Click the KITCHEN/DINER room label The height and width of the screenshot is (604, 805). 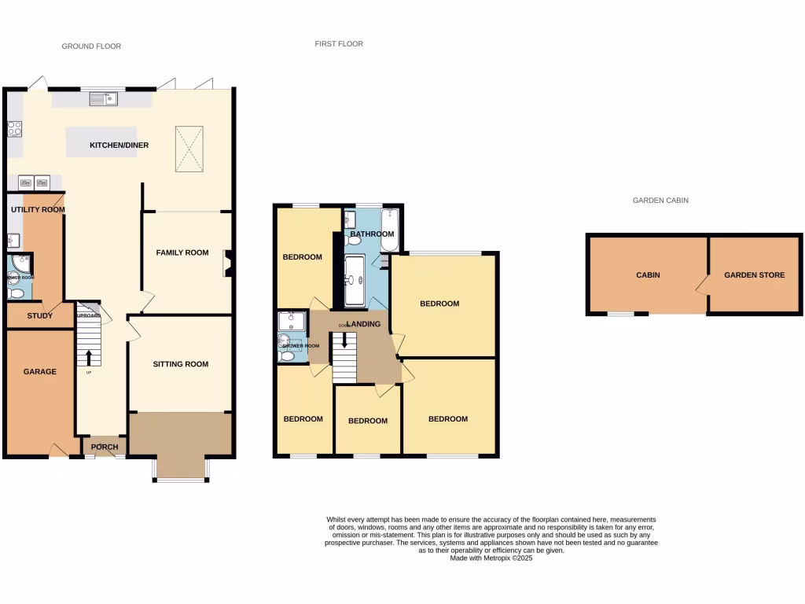coord(119,145)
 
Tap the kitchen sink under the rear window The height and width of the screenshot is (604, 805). coord(103,98)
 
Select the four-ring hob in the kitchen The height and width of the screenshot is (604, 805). coord(14,128)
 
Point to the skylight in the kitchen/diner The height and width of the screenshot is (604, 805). coord(188,147)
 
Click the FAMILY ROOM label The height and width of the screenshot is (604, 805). coord(182,252)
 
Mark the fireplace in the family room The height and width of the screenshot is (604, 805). coord(228,263)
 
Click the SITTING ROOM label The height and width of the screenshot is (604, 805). coord(181,364)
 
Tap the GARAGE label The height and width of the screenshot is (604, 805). coord(39,371)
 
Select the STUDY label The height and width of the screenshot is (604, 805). coord(39,316)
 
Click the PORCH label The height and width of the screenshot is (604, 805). coord(105,447)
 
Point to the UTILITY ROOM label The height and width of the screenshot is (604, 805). coord(37,210)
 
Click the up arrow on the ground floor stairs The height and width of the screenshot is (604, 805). coord(89,357)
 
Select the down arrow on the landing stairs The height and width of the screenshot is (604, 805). coord(344,340)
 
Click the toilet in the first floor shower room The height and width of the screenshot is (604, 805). coord(287,355)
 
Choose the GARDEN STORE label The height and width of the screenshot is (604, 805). coord(754,275)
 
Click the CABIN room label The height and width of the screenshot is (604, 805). coord(648,275)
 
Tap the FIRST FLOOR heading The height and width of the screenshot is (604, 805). coord(339,44)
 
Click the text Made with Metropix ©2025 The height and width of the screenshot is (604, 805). coord(491,558)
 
